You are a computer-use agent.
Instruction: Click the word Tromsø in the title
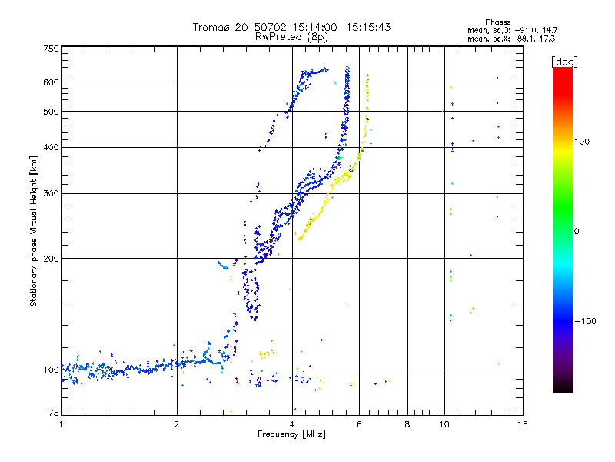[211, 27]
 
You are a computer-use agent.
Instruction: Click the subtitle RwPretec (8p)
[292, 36]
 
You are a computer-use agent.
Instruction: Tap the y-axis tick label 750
[51, 49]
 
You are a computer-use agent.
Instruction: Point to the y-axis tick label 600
[51, 82]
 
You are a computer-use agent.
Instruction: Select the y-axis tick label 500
[51, 112]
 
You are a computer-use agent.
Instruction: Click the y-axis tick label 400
[51, 147]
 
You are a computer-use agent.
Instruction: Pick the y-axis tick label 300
[51, 193]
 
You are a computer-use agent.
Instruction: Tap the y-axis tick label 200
[51, 258]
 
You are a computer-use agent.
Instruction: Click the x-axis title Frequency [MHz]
[291, 434]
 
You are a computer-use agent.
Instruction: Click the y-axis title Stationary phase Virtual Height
[34, 231]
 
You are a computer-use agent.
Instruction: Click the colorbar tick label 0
[578, 231]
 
